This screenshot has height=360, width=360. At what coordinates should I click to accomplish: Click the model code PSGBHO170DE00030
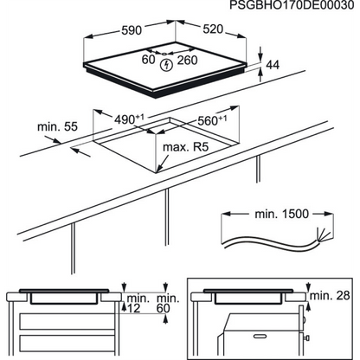click(x=292, y=5)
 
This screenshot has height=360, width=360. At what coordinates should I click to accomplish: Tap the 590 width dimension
click(x=132, y=30)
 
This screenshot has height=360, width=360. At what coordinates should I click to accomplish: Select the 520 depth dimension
click(x=213, y=29)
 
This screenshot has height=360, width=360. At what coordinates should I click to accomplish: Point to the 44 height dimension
click(x=273, y=65)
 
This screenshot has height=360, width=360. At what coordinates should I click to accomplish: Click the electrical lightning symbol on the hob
click(x=166, y=65)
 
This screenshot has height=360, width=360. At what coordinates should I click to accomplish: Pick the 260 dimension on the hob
click(x=187, y=60)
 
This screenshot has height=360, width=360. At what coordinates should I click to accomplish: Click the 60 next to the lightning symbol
click(x=149, y=60)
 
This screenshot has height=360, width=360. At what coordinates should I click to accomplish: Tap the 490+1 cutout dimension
click(x=129, y=119)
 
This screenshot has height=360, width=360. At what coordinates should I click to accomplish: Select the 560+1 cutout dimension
click(x=212, y=120)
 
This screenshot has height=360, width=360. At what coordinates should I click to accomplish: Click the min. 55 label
click(x=58, y=126)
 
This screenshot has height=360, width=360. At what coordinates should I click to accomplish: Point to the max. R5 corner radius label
click(x=185, y=147)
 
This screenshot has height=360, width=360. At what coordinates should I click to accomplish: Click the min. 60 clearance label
click(x=168, y=303)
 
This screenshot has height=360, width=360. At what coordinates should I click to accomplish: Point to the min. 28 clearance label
click(x=330, y=295)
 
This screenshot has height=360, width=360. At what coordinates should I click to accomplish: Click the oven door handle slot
click(x=262, y=336)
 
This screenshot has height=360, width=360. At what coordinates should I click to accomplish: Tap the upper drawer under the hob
click(x=67, y=321)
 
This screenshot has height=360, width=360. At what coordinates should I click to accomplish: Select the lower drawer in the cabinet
click(x=67, y=345)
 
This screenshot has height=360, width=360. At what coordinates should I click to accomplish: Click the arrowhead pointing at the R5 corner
click(x=159, y=167)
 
